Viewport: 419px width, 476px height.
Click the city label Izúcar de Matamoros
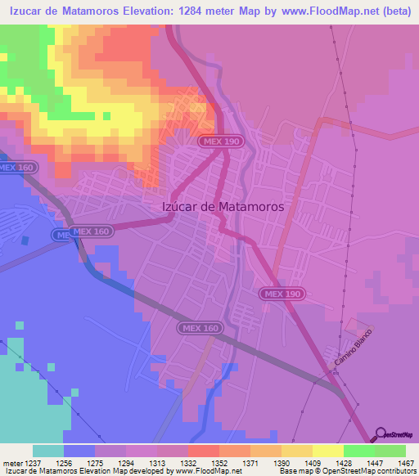219,207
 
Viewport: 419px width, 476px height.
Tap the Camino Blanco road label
353,348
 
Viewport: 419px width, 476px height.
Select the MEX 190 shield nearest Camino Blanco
283,294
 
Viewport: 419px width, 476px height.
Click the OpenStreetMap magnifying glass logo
380,435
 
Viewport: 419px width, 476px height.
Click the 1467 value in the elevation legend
395,461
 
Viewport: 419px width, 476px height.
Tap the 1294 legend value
125,461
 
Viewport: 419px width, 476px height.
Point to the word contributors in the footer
396,471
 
